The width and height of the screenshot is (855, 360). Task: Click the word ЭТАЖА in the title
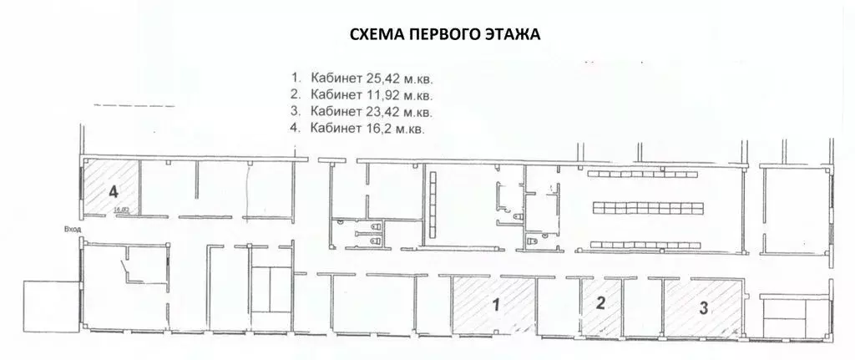pos(512,35)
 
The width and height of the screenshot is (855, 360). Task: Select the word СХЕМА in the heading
pos(373,35)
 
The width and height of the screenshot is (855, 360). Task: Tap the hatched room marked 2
pos(600,304)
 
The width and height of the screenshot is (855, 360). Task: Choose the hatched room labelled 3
pos(702,307)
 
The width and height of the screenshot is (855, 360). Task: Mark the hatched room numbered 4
pos(109,191)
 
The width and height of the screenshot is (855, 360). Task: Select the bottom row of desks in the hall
pos(643,243)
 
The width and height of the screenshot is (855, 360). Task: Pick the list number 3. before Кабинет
pos(294,112)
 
